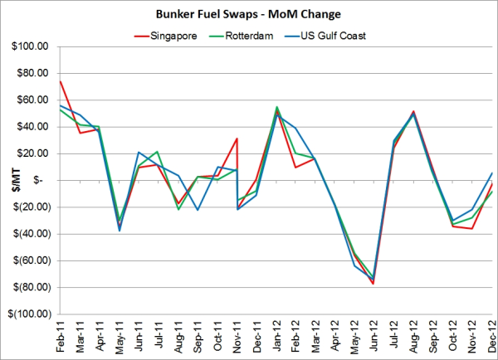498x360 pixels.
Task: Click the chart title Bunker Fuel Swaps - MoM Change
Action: coord(249,14)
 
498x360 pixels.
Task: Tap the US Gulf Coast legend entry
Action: coord(333,35)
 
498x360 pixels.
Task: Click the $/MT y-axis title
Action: coord(9,181)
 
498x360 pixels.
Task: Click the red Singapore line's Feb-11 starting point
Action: coord(60,81)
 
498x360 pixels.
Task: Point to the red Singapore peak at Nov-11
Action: coord(237,139)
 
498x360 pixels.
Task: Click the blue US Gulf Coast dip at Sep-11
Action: coord(198,210)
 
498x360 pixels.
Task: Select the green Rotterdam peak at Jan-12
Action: coord(276,107)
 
